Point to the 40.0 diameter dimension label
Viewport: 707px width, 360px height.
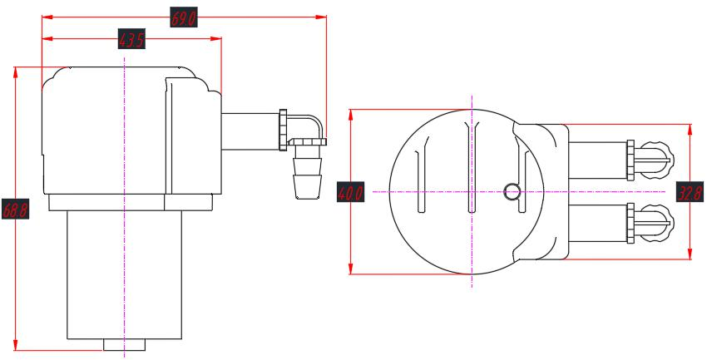(x=350, y=193)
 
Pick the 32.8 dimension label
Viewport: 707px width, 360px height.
(x=690, y=192)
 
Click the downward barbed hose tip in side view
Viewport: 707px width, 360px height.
(x=304, y=175)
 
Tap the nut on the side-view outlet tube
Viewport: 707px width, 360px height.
(x=284, y=129)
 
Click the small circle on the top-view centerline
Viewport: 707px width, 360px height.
(x=512, y=192)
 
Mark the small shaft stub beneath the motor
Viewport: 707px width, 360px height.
(x=124, y=345)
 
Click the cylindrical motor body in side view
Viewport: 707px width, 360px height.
(x=124, y=274)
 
